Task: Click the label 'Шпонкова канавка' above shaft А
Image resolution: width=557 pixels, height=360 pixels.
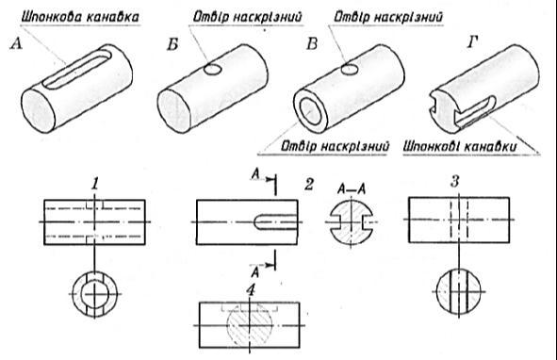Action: coord(80,17)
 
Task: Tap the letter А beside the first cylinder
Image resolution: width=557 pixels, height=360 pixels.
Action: coord(16,44)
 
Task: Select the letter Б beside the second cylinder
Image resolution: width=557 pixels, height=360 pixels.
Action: coord(172,44)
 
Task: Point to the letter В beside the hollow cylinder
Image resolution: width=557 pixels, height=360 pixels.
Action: coord(312,43)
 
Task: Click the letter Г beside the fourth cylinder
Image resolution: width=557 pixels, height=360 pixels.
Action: coord(472,41)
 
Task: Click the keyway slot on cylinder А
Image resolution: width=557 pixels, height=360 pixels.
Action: coord(76,69)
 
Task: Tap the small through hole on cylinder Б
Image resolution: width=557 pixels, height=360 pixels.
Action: coord(212,70)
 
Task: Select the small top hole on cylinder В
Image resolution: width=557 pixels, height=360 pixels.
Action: coord(350,69)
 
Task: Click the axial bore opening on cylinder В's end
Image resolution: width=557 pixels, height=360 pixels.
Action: coord(311,111)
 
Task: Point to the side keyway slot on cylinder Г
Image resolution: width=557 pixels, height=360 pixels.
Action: coord(475,111)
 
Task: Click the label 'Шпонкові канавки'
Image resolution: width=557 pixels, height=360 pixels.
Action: coord(460,146)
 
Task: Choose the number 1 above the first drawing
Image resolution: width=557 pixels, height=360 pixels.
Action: coord(95,185)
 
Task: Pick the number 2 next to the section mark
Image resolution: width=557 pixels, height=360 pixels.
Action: coord(309,185)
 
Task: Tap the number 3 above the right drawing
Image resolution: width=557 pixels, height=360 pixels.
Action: coord(455,182)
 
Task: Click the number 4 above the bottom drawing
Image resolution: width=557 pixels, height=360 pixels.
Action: coord(251,290)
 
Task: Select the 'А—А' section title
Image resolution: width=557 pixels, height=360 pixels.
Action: coord(352,189)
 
